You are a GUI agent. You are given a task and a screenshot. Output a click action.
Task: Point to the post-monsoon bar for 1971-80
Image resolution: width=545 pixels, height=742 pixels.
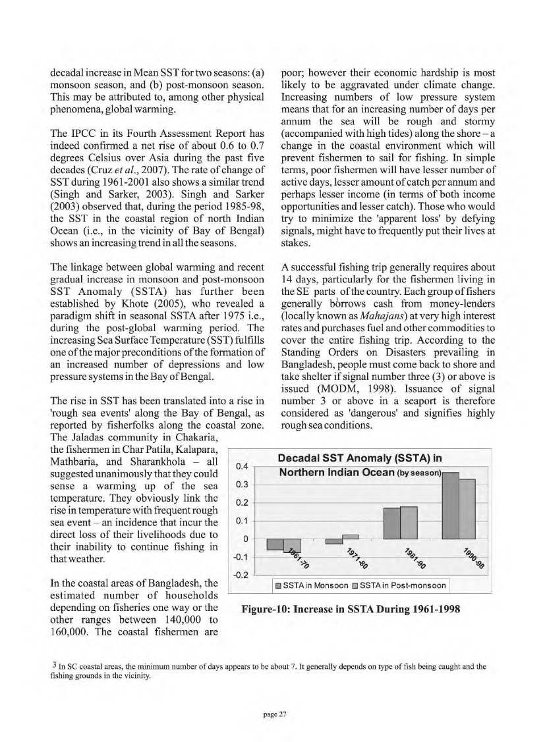[350, 536]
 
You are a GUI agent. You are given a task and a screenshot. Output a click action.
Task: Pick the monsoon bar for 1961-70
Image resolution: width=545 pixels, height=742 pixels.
[275, 544]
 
